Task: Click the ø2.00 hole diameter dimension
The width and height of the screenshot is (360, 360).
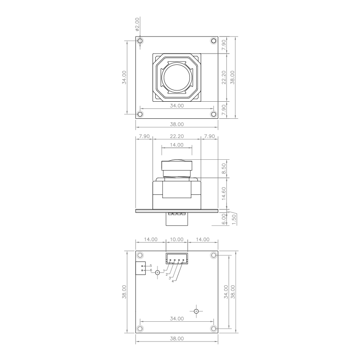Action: click(x=137, y=24)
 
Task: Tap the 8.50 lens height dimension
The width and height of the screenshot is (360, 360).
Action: click(x=224, y=168)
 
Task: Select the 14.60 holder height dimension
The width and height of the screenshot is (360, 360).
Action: click(x=224, y=193)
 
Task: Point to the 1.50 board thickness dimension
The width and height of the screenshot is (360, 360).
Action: click(x=234, y=220)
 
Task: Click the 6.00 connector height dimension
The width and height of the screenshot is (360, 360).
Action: click(x=224, y=220)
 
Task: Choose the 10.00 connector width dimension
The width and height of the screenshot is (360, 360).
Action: click(x=176, y=239)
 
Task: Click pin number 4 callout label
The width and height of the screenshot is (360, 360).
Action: click(x=173, y=281)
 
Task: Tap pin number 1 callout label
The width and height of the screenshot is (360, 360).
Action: click(x=164, y=271)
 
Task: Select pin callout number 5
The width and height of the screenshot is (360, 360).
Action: click(x=151, y=265)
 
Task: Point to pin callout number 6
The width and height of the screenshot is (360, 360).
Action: click(x=151, y=270)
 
